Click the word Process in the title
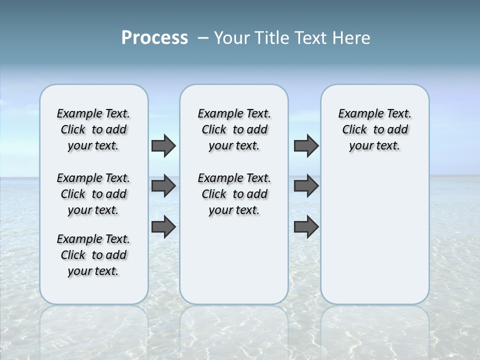154,38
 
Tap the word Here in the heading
352,38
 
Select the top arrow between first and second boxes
163,145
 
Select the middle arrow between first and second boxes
163,186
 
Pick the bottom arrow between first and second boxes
163,227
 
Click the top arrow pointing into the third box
306,145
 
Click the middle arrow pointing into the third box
306,186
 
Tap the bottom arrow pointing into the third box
306,227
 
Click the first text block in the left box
93,129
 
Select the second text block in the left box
93,194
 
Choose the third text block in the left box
93,255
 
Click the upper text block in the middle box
234,129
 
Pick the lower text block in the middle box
234,194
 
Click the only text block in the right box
374,129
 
